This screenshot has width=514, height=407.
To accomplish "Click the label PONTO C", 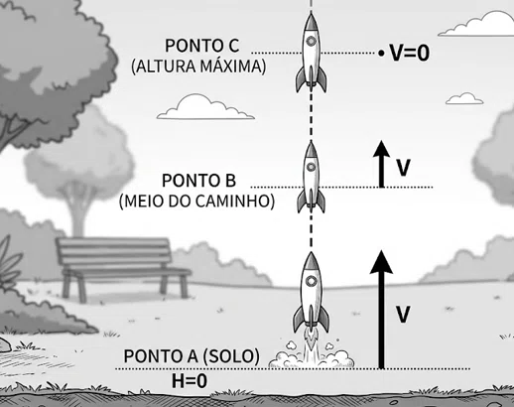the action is click(201, 46).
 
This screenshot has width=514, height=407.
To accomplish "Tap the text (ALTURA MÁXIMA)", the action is click(198, 67).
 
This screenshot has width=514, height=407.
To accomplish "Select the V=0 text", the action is click(410, 53).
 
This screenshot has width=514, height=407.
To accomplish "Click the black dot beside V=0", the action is click(382, 53).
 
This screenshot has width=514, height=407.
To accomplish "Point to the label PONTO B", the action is click(198, 181).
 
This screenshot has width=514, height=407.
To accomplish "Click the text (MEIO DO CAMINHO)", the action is click(196, 202).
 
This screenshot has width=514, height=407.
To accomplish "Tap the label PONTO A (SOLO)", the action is click(192, 356).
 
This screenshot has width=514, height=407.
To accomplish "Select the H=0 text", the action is click(190, 380).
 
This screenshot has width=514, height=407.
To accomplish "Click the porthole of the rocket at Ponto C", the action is click(311, 41).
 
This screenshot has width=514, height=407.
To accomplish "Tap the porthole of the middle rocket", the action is click(311, 167).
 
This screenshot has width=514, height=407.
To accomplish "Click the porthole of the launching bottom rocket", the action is click(311, 281).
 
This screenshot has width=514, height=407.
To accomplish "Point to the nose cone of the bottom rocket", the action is click(311, 261).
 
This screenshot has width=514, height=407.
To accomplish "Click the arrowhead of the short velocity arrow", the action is click(382, 148).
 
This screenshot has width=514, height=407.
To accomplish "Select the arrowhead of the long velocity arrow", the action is click(381, 262).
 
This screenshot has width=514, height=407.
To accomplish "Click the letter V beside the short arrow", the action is click(404, 168).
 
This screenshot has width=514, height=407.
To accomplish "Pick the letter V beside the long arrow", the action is click(403, 315).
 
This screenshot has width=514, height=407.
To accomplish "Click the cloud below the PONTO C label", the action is click(205, 107).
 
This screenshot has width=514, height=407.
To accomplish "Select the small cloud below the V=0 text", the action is click(464, 98).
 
